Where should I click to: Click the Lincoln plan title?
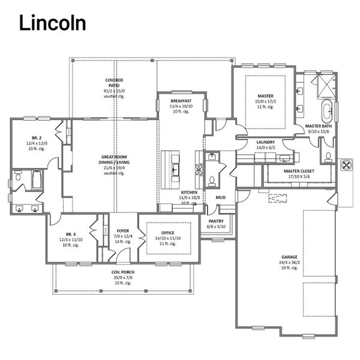pos(52,22)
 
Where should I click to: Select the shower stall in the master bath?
pos(325,88)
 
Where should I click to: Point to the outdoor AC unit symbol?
pos(346,166)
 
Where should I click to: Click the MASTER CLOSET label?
pos(299,170)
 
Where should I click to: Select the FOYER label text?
pos(123,230)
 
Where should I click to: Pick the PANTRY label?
pos(215,221)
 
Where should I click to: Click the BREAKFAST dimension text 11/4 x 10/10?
pos(181,107)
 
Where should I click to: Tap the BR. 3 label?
pos(70,233)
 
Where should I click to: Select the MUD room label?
pos(220,197)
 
